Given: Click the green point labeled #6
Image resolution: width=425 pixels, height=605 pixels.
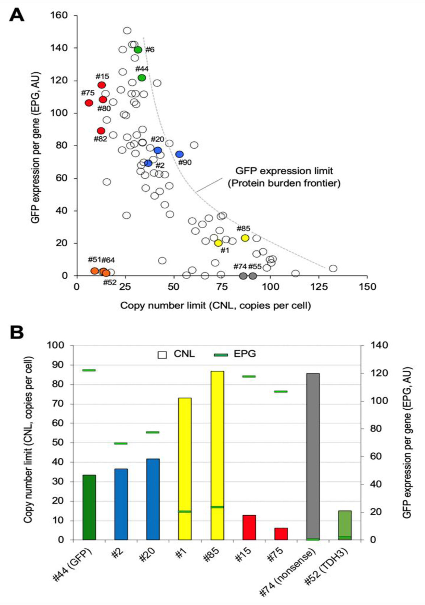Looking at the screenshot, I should pos(138,50).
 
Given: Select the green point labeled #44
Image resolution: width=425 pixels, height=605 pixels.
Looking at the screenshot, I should pos(142,78).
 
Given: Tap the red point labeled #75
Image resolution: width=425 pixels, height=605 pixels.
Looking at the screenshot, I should pos(89,103).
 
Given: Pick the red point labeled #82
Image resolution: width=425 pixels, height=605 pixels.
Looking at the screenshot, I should pos(101,131).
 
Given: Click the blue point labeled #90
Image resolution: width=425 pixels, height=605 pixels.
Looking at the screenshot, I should pos(180,154).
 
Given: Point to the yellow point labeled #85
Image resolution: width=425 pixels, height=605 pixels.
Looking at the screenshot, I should pos(245,238).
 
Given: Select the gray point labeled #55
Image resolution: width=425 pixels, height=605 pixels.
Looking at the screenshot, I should pos(253,276).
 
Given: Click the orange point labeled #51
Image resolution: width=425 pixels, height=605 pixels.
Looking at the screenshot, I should pos(94,271).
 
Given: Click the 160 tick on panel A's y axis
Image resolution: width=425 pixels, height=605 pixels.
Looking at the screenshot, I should pos(59,15).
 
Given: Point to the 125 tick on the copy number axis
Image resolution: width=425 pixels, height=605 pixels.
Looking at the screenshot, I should pos(319,287).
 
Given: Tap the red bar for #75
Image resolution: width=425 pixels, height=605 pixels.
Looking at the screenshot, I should pos(281,534).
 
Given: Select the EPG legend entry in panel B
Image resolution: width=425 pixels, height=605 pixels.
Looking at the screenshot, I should pos(235,354).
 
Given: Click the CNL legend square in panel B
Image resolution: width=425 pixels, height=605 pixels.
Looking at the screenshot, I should pos(162,355).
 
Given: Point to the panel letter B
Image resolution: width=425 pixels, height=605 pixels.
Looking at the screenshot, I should pos(17,333).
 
